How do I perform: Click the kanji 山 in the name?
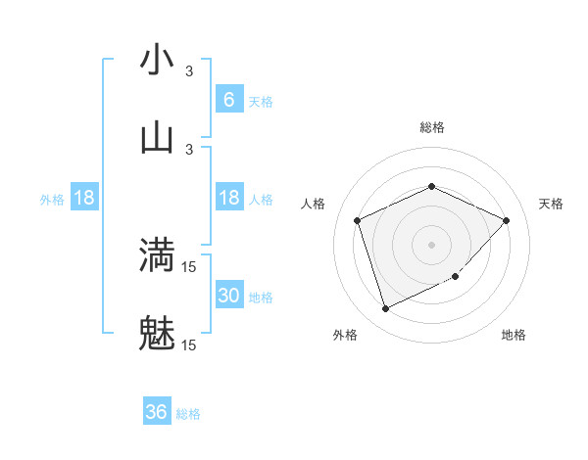[157, 137]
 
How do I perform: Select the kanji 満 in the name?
[157, 255]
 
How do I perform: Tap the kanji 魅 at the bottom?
[157, 335]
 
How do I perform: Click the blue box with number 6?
[228, 100]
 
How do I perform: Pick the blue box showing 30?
[228, 296]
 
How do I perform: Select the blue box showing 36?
[157, 412]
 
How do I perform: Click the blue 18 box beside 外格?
[84, 199]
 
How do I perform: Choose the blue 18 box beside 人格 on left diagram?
[228, 199]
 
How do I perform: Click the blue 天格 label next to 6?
[261, 102]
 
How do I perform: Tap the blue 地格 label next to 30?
[261, 298]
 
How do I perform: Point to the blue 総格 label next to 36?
[188, 414]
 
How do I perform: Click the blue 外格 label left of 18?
[52, 200]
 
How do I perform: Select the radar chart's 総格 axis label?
[432, 127]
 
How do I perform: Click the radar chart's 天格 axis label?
[551, 204]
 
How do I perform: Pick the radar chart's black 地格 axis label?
[514, 335]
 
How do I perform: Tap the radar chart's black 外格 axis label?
[345, 335]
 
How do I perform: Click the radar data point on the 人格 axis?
[358, 220]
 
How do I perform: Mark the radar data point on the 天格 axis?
[506, 220]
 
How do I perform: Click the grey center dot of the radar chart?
[431, 244]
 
